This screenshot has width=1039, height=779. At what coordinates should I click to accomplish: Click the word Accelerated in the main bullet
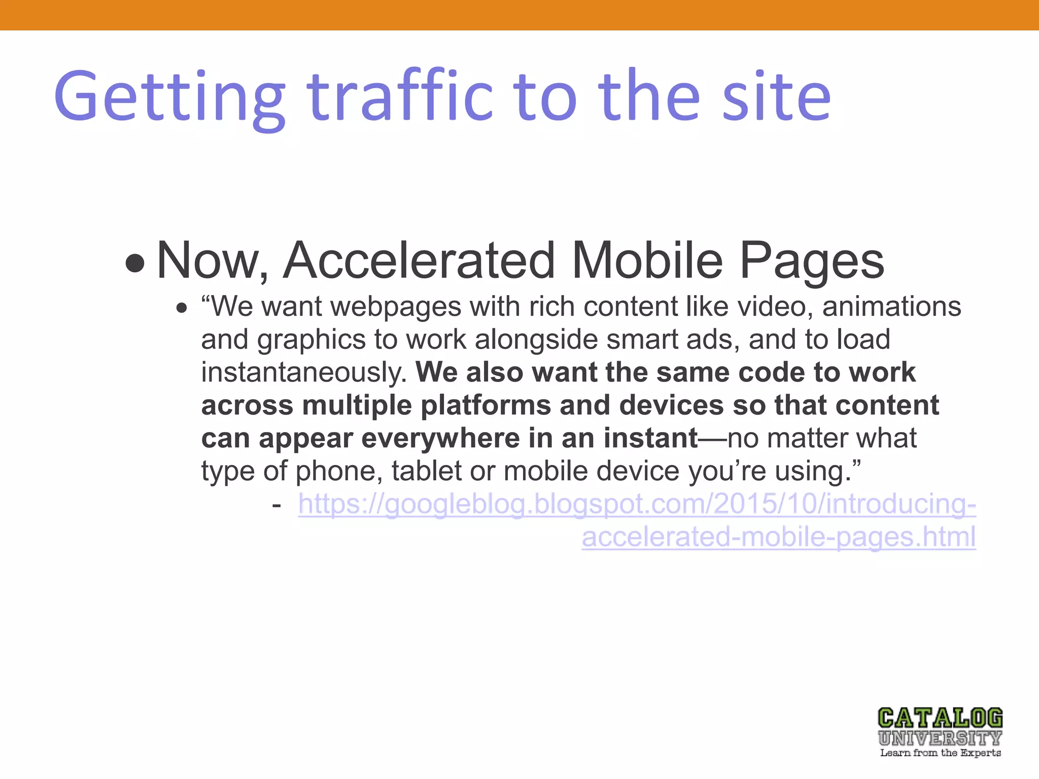pyautogui.click(x=419, y=261)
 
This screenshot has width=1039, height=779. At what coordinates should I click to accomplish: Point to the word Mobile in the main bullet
pyautogui.click(x=647, y=261)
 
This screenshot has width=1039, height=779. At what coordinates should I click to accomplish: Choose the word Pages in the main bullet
pyautogui.click(x=812, y=262)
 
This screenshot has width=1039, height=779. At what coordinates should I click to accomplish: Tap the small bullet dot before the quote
pyautogui.click(x=182, y=308)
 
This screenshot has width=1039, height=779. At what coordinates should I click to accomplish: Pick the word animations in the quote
pyautogui.click(x=891, y=306)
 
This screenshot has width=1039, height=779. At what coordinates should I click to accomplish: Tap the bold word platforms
pyautogui.click(x=486, y=406)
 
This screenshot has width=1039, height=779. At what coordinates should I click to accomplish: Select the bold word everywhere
pyautogui.click(x=440, y=438)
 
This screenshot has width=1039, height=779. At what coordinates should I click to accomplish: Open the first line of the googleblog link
pyautogui.click(x=637, y=505)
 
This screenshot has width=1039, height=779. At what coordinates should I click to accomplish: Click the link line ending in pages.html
pyautogui.click(x=779, y=538)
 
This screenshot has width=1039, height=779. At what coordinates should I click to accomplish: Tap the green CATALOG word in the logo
pyautogui.click(x=940, y=718)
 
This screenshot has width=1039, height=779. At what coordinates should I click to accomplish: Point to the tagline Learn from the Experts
pyautogui.click(x=940, y=753)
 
